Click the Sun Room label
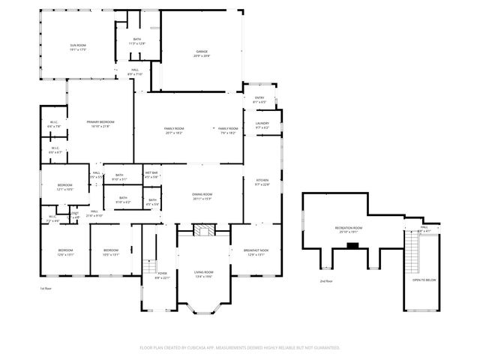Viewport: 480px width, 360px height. tap(78, 47)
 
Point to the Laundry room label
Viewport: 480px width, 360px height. tap(262, 125)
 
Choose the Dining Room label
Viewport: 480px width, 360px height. tap(202, 196)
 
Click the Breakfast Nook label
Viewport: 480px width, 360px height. tap(255, 252)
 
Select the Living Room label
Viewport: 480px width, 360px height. tap(204, 274)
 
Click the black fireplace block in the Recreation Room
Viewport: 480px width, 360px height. tap(352, 245)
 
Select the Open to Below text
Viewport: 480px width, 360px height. tap(424, 280)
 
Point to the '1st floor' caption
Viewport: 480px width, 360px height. tap(46, 288)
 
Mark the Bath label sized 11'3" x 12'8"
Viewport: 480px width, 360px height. tap(137, 41)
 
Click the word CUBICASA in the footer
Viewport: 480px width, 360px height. tap(223, 347)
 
